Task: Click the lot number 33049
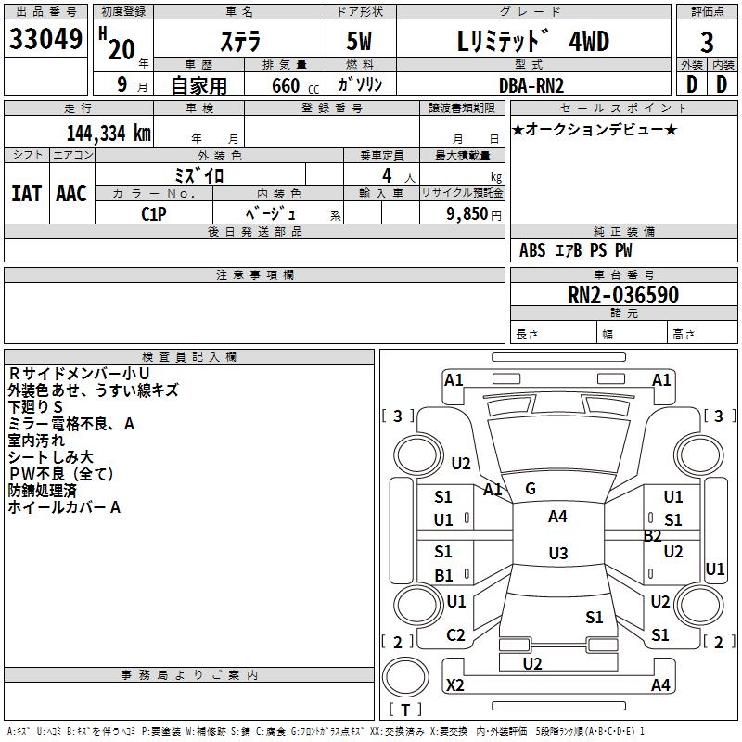tap(45, 39)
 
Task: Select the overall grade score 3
tap(707, 42)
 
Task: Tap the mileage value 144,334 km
tap(109, 134)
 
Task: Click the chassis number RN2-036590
tap(622, 294)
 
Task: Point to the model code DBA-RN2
tap(531, 85)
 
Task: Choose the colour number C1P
tap(154, 214)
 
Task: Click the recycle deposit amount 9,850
tap(467, 214)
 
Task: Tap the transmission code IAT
tap(26, 194)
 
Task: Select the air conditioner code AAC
tap(71, 194)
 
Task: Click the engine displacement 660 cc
tap(295, 85)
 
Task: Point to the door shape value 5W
tap(359, 41)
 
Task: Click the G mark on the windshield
tap(531, 489)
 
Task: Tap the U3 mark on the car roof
tap(558, 553)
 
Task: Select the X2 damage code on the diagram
tap(454, 684)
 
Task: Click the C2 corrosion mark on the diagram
tap(455, 635)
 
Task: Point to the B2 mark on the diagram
tap(652, 536)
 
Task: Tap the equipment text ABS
tap(531, 250)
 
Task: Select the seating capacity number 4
tap(387, 175)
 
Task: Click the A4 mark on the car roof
tap(557, 517)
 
